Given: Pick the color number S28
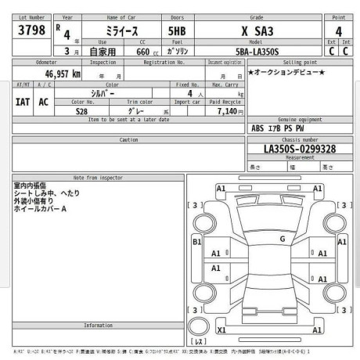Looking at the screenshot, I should coord(81,111).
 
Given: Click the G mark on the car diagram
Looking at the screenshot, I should coord(283,239).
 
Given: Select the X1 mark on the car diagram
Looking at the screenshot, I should coord(221,330).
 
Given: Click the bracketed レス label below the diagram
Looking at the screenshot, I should coord(200,342).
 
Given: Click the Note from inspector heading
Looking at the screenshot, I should coord(99,178).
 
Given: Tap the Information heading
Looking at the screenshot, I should coord(99,325).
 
